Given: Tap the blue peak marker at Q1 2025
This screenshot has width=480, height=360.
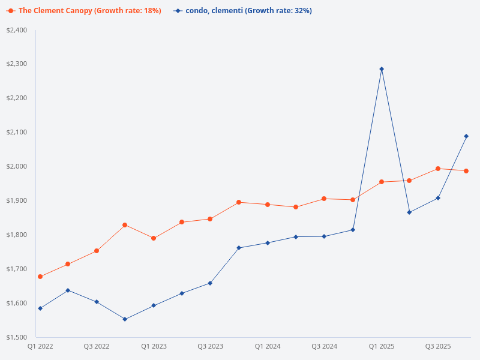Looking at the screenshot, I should coord(382,69).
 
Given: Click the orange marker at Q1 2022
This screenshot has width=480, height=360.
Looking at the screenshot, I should coord(40,277).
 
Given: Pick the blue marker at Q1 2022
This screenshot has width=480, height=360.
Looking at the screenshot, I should coord(40,308).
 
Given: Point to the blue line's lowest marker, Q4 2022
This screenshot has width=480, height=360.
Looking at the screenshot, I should coord(125,319).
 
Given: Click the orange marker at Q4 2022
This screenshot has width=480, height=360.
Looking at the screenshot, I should coord(125,225).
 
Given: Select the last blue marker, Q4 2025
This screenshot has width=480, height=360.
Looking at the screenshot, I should coord(466,136).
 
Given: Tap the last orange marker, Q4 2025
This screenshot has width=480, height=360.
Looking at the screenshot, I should coord(466,171).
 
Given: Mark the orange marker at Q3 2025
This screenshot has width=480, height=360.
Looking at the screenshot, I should coord(438,169).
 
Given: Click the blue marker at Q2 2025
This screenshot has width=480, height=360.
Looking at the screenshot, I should coord(409,212).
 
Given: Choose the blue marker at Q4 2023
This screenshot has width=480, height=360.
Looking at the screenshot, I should coord(239,248).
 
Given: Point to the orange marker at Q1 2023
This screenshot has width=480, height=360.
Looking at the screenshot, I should coord(154,238).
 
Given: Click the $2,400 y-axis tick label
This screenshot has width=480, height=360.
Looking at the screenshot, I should coord(17,30).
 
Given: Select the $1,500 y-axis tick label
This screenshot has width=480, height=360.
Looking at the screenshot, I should coord(17,337).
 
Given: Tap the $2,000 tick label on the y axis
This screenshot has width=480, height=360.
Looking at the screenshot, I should coord(17,166).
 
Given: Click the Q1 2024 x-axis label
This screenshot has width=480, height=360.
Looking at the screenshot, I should coord(268,347).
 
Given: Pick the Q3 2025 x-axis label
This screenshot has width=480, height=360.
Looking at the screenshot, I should coord(438,347).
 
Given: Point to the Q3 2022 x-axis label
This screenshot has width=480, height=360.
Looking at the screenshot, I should coord(97,347).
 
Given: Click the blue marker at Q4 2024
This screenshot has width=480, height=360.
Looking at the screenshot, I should coord(353,230).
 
